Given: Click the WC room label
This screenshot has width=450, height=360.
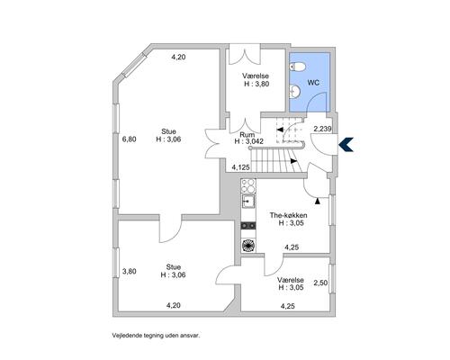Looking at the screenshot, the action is (x=313, y=83).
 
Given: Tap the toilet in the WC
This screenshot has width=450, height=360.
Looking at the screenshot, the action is (x=297, y=67).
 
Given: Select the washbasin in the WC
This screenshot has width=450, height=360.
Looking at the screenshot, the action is (x=295, y=91).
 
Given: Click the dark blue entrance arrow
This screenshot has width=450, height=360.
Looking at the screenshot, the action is (x=346, y=145).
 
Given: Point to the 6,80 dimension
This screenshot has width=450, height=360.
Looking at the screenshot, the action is (x=130, y=139).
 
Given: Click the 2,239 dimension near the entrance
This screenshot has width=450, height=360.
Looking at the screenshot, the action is (x=322, y=129).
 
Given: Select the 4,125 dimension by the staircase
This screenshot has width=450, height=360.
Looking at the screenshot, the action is (x=240, y=167).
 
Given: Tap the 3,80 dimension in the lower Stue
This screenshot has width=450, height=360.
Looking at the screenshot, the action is (x=130, y=271).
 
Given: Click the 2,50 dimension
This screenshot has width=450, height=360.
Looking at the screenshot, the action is (x=320, y=283).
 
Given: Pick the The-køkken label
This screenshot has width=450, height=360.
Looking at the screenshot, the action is (x=288, y=215).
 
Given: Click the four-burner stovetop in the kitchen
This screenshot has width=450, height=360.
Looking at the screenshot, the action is (x=248, y=186).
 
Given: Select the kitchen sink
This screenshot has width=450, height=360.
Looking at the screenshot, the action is (x=248, y=202).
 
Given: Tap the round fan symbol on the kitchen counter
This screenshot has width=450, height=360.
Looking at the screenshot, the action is (x=248, y=245).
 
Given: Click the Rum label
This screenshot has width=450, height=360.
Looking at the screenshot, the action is (x=247, y=135).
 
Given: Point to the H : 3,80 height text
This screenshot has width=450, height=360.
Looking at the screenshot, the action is (x=256, y=84).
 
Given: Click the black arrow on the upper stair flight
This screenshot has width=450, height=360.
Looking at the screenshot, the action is (x=280, y=130).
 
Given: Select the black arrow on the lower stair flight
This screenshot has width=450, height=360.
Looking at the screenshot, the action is (x=294, y=161).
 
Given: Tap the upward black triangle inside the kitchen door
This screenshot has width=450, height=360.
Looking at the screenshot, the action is (x=318, y=202).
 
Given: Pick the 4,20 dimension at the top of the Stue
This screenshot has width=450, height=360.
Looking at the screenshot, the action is (x=178, y=57).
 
